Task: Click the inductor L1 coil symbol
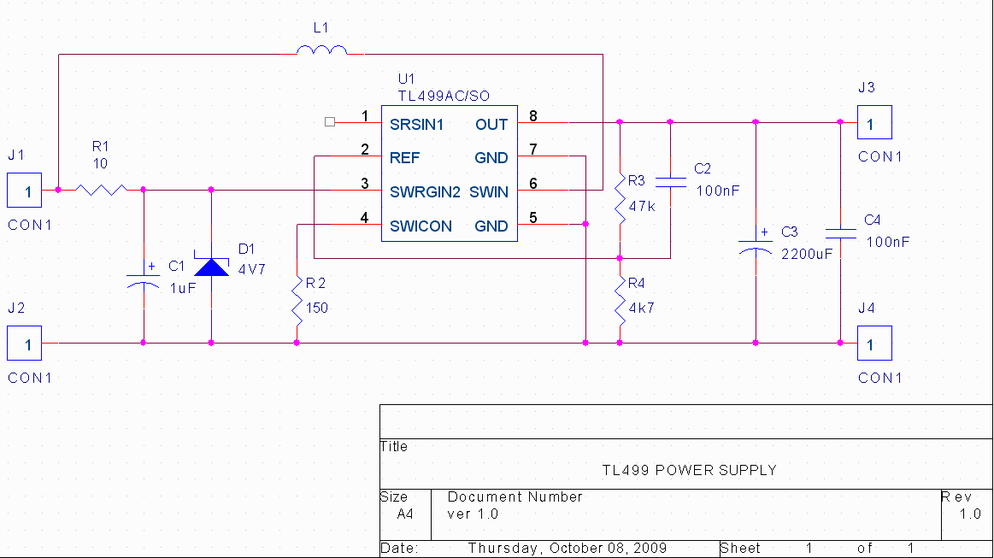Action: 322,50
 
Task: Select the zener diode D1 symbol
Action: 212,267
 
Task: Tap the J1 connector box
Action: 24,191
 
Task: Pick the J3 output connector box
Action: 875,122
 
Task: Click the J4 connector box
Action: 875,343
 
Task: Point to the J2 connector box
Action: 24,343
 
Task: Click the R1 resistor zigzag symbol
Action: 102,190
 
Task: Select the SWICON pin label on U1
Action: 421,226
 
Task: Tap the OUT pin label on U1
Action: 491,125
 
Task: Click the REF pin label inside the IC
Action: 404,158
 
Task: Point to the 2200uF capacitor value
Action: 807,255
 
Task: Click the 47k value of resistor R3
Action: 642,206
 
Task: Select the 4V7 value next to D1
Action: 251,269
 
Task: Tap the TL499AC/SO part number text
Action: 444,97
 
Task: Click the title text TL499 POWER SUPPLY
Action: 689,471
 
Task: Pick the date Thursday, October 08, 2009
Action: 568,549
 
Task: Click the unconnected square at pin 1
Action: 330,121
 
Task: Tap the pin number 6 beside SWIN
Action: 533,183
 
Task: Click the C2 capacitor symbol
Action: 670,183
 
